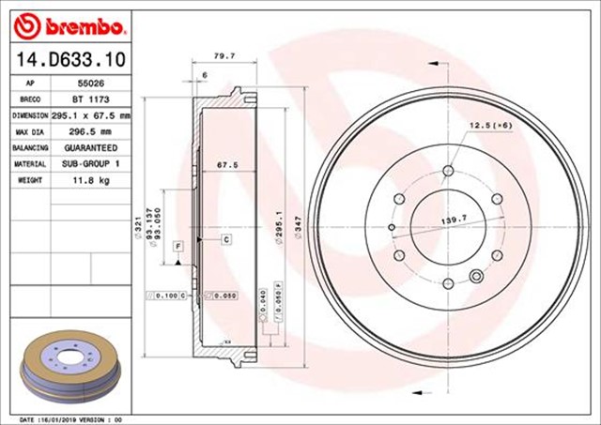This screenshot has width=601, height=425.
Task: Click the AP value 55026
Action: click(x=90, y=83)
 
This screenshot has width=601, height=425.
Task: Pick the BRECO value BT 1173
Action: click(x=90, y=99)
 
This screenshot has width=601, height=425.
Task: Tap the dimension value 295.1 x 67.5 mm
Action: click(x=90, y=114)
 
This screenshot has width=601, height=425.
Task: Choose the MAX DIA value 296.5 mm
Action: click(x=90, y=131)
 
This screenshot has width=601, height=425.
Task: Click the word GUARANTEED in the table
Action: click(x=90, y=148)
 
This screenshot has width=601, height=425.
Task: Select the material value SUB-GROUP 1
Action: click(x=90, y=164)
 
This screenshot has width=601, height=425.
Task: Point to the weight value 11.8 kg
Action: click(x=90, y=180)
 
